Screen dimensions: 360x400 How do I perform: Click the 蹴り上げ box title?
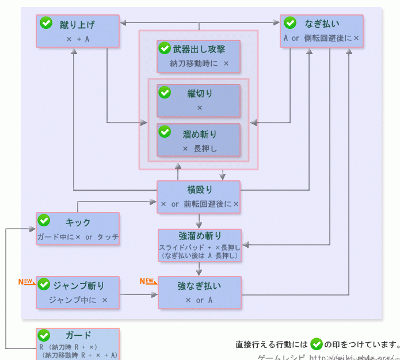[x=77, y=24]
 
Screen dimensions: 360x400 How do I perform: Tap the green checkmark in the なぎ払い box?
[x=290, y=23]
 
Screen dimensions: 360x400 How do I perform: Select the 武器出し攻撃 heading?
[x=199, y=49]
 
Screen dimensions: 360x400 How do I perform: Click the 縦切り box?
[x=199, y=101]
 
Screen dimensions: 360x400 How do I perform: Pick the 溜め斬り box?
[x=199, y=140]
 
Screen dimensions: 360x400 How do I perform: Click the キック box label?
[x=78, y=222]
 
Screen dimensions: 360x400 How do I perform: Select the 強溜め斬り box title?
[x=200, y=236]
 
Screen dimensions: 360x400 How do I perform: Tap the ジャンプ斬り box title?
[x=79, y=285]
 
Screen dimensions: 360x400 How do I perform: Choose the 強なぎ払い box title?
[x=200, y=286]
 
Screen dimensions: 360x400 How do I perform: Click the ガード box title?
[x=78, y=336]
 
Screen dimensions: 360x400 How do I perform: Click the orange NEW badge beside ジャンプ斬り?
[x=25, y=282]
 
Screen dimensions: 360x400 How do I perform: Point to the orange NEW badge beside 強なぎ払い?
[x=147, y=281]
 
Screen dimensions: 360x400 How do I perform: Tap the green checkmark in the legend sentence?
[x=316, y=344]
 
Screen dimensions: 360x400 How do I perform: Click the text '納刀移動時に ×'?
[x=199, y=63]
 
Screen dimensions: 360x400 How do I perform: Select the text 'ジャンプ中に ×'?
[x=78, y=300]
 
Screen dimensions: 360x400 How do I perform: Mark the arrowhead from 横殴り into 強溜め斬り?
[x=199, y=225]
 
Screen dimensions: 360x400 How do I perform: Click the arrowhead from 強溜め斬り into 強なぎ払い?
[x=199, y=273]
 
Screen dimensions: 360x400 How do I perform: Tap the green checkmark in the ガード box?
[x=44, y=335]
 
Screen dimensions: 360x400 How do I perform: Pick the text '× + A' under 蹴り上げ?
[x=77, y=39]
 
